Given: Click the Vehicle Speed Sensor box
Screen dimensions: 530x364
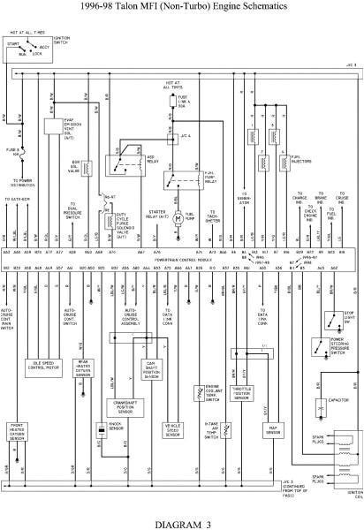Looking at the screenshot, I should [173, 429].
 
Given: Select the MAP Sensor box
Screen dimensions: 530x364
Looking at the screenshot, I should [274, 431].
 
